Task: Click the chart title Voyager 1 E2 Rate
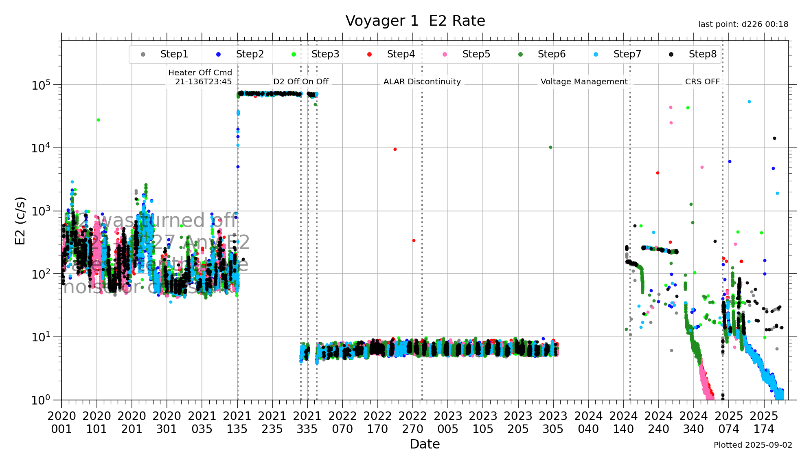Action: click(x=415, y=21)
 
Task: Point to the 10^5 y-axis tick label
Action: click(x=41, y=85)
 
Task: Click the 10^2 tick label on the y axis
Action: click(x=41, y=274)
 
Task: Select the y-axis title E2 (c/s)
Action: click(x=20, y=221)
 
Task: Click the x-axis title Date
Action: click(x=425, y=444)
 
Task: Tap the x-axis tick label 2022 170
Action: click(x=377, y=422)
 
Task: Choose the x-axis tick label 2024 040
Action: click(x=588, y=422)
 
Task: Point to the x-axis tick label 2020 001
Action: click(x=61, y=422)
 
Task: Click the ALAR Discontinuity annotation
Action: click(x=422, y=81)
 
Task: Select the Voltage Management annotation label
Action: click(x=584, y=81)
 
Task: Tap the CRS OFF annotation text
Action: click(x=702, y=81)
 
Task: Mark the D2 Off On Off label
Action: click(x=300, y=81)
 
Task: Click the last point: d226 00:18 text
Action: click(x=743, y=24)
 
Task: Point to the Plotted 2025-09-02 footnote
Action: click(x=753, y=445)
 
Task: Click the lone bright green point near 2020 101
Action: click(x=98, y=120)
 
